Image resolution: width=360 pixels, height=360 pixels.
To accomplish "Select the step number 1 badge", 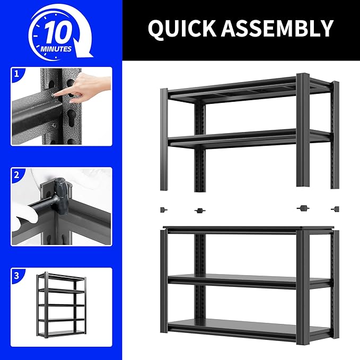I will coord(16,75).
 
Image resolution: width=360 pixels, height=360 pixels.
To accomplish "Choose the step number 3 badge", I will coord(16,276).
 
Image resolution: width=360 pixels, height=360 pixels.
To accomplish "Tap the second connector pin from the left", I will coord(199,210).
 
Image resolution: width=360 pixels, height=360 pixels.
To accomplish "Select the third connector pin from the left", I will coord(303,208).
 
